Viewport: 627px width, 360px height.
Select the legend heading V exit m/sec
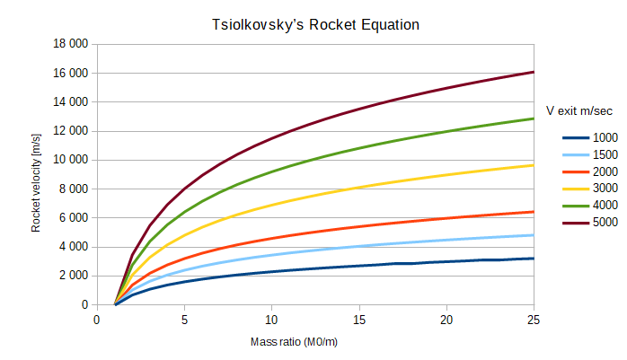(581, 111)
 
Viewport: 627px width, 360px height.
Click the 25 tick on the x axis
(534, 320)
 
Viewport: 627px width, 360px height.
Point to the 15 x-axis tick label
(359, 320)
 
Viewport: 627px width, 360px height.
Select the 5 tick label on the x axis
(184, 320)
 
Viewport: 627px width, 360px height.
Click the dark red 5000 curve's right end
(534, 72)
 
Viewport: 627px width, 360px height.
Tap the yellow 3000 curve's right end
(534, 165)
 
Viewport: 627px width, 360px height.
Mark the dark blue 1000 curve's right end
(534, 259)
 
